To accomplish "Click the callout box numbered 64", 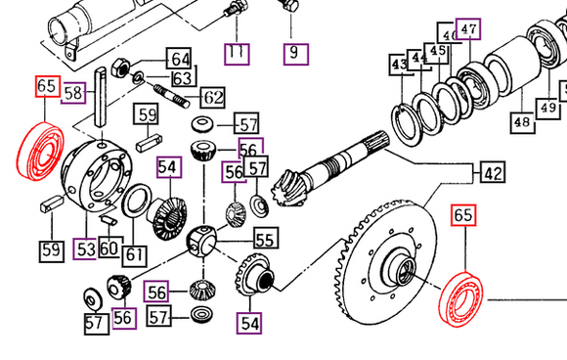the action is (179, 58).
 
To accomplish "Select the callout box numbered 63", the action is (184, 76).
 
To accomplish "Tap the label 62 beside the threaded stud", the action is (213, 97).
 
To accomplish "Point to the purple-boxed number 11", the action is (237, 54).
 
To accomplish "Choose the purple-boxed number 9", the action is (296, 54).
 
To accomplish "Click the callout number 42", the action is (493, 172).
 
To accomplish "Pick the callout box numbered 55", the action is (266, 238).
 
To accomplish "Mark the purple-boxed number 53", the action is (85, 248).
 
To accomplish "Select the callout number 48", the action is (523, 122).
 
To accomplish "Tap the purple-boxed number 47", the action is (468, 28).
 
